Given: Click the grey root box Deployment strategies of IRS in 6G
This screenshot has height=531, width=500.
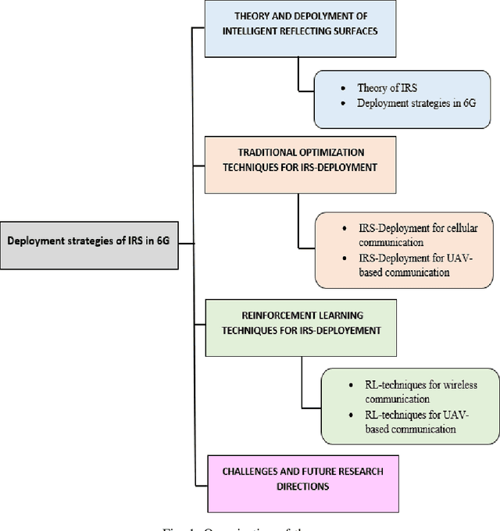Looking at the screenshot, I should click(87, 241).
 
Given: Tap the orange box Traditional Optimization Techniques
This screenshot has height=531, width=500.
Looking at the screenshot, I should click(301, 165).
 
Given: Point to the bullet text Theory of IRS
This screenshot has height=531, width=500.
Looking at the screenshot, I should click(387, 88).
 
